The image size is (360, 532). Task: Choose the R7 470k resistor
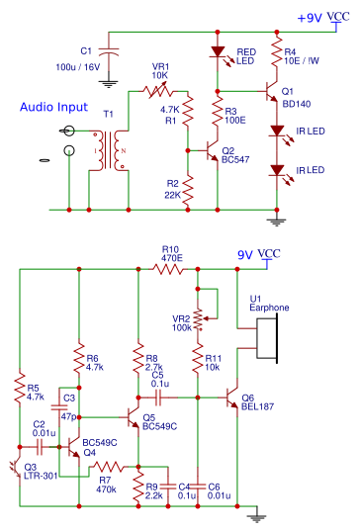108,466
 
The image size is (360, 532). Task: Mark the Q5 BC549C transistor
134,416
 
